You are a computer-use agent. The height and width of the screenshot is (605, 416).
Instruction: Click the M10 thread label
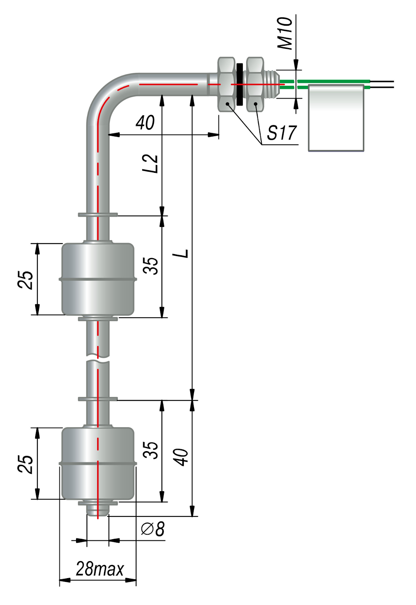coord(285,34)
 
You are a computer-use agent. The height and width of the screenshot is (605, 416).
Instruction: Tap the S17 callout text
coord(282,133)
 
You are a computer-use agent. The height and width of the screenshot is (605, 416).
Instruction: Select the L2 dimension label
coord(150,164)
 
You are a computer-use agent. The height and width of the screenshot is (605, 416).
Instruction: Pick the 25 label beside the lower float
coord(25,464)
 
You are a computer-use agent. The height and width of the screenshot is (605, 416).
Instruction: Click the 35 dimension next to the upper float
coord(151,266)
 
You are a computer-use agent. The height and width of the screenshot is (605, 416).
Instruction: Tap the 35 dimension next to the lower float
coord(151,450)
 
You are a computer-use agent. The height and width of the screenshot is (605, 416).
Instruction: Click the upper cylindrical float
coord(98,279)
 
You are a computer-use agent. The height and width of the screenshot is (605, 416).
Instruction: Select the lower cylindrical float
coord(98,464)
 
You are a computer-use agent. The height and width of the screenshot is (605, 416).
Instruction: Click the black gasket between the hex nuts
coord(239,84)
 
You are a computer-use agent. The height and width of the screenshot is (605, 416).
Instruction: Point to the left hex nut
coord(227,84)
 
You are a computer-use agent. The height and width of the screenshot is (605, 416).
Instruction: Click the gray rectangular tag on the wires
coord(336,118)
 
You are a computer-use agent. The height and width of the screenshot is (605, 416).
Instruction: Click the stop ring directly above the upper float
coord(98,215)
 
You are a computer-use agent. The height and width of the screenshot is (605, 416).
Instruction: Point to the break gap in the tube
coord(98,359)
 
